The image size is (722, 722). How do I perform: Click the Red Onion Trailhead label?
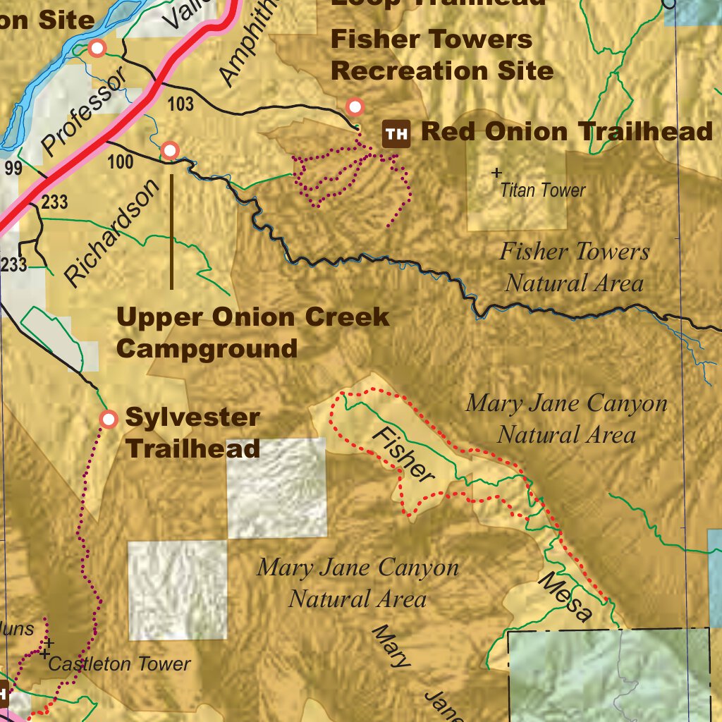(x=566, y=132)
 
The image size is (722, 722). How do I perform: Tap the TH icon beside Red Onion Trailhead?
(x=396, y=133)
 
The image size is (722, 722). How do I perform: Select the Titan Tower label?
(x=542, y=190)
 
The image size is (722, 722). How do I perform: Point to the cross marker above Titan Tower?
(x=496, y=172)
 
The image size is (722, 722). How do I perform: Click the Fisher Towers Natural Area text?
(x=574, y=267)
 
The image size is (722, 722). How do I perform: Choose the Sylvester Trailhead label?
(x=192, y=432)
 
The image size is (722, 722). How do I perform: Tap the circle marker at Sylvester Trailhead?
(x=109, y=420)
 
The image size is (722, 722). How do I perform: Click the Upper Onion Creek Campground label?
(x=252, y=332)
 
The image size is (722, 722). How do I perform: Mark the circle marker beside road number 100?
(x=170, y=150)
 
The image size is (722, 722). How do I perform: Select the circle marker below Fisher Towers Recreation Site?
(x=355, y=107)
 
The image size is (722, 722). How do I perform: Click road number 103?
(x=180, y=105)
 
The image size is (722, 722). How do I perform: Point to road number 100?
(x=121, y=163)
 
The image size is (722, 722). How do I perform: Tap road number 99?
(x=13, y=169)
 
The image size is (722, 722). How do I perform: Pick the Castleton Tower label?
(x=119, y=663)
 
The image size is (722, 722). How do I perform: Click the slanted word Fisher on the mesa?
(x=403, y=455)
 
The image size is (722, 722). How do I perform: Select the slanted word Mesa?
(x=565, y=597)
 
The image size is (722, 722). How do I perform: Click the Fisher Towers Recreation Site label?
(x=441, y=55)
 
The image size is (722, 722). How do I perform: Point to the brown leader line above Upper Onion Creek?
(x=171, y=232)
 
